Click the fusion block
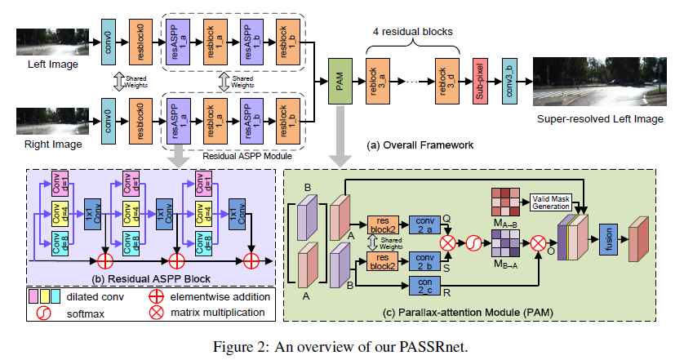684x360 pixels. [606, 235]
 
